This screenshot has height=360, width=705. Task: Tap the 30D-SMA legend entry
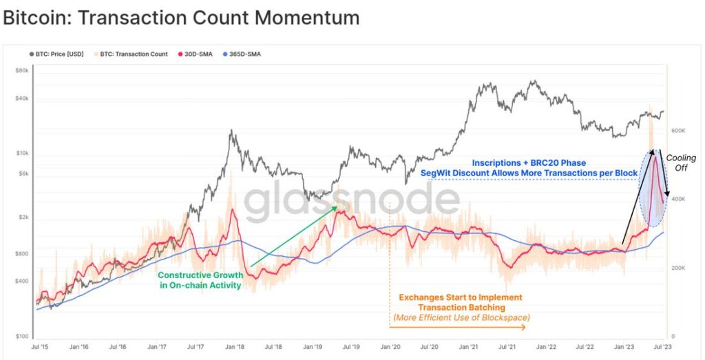196,54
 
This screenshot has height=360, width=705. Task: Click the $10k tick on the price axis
21,153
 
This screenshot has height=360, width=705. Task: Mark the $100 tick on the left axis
22,336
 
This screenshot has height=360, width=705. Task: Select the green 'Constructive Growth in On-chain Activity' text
200,280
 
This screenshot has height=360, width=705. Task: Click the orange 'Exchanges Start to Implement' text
460,297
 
